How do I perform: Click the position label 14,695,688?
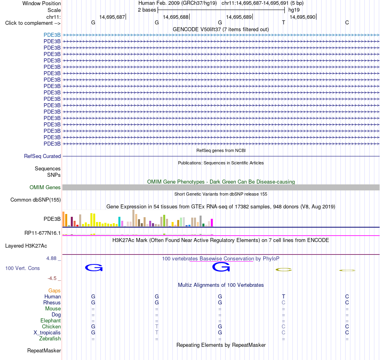(x=176, y=17)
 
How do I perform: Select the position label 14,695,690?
(x=302, y=17)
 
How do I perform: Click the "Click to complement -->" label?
(x=33, y=23)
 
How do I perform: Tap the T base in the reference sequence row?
(x=284, y=22)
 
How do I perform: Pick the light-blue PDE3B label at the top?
(x=52, y=35)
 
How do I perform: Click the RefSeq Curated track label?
(x=42, y=156)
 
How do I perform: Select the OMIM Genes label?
(x=45, y=187)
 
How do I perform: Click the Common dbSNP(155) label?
(x=36, y=200)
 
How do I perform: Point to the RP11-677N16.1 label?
(x=42, y=233)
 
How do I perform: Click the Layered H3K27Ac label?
(x=26, y=246)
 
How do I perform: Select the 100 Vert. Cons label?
(x=22, y=268)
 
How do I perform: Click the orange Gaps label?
(x=54, y=290)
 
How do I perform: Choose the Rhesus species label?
(x=52, y=302)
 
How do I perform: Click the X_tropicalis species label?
(x=47, y=333)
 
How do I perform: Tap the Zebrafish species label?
(x=50, y=339)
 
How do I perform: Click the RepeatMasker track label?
(x=44, y=350)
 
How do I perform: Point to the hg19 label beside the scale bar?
(x=294, y=10)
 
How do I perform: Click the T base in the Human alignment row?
(x=284, y=296)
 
